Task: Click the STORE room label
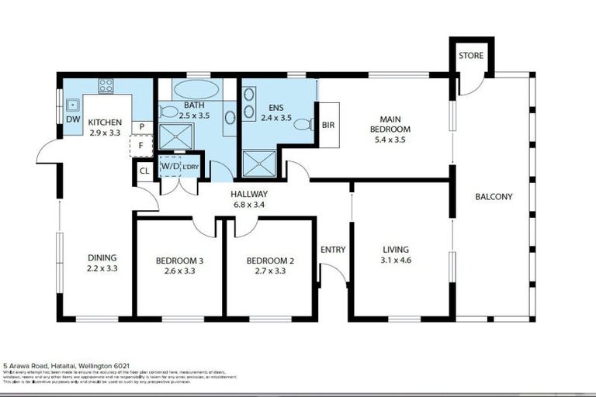(471, 56)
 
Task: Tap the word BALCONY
(494, 197)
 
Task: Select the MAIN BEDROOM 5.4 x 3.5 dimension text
(390, 140)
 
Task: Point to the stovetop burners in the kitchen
(106, 85)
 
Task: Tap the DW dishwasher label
(71, 120)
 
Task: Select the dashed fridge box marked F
(141, 145)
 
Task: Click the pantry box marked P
(143, 126)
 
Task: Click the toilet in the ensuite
(303, 124)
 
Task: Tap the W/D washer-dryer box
(168, 167)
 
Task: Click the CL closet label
(144, 171)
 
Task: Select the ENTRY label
(333, 250)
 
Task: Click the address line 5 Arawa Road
(66, 365)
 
